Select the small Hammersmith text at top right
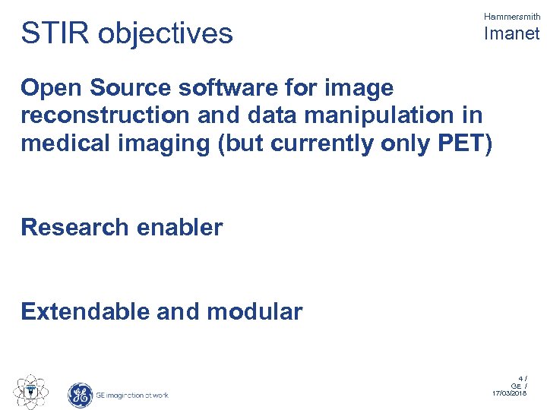tap(511, 16)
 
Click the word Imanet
tap(511, 33)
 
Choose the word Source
tap(134, 89)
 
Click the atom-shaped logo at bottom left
tap(31, 392)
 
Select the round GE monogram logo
tap(80, 395)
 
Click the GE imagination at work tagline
tap(132, 395)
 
